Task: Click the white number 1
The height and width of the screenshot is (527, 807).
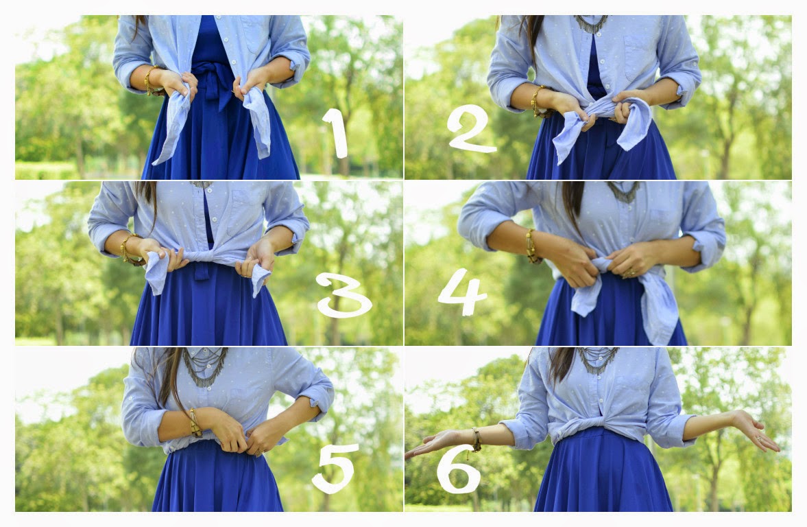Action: tap(336, 133)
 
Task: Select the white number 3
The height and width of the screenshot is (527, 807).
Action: tap(344, 294)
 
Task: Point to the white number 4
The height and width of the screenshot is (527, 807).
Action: tap(461, 292)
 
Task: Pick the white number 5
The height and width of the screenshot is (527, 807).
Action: tap(335, 468)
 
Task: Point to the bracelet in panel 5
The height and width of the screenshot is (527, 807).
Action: tap(195, 423)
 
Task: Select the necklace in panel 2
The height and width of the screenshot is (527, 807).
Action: tap(591, 24)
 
